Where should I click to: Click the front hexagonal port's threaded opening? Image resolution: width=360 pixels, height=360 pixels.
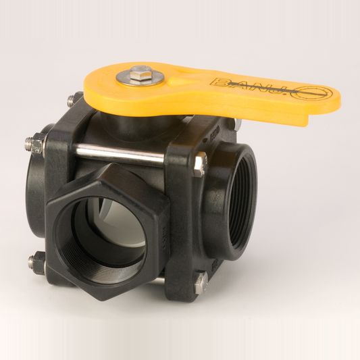click(101, 240)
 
